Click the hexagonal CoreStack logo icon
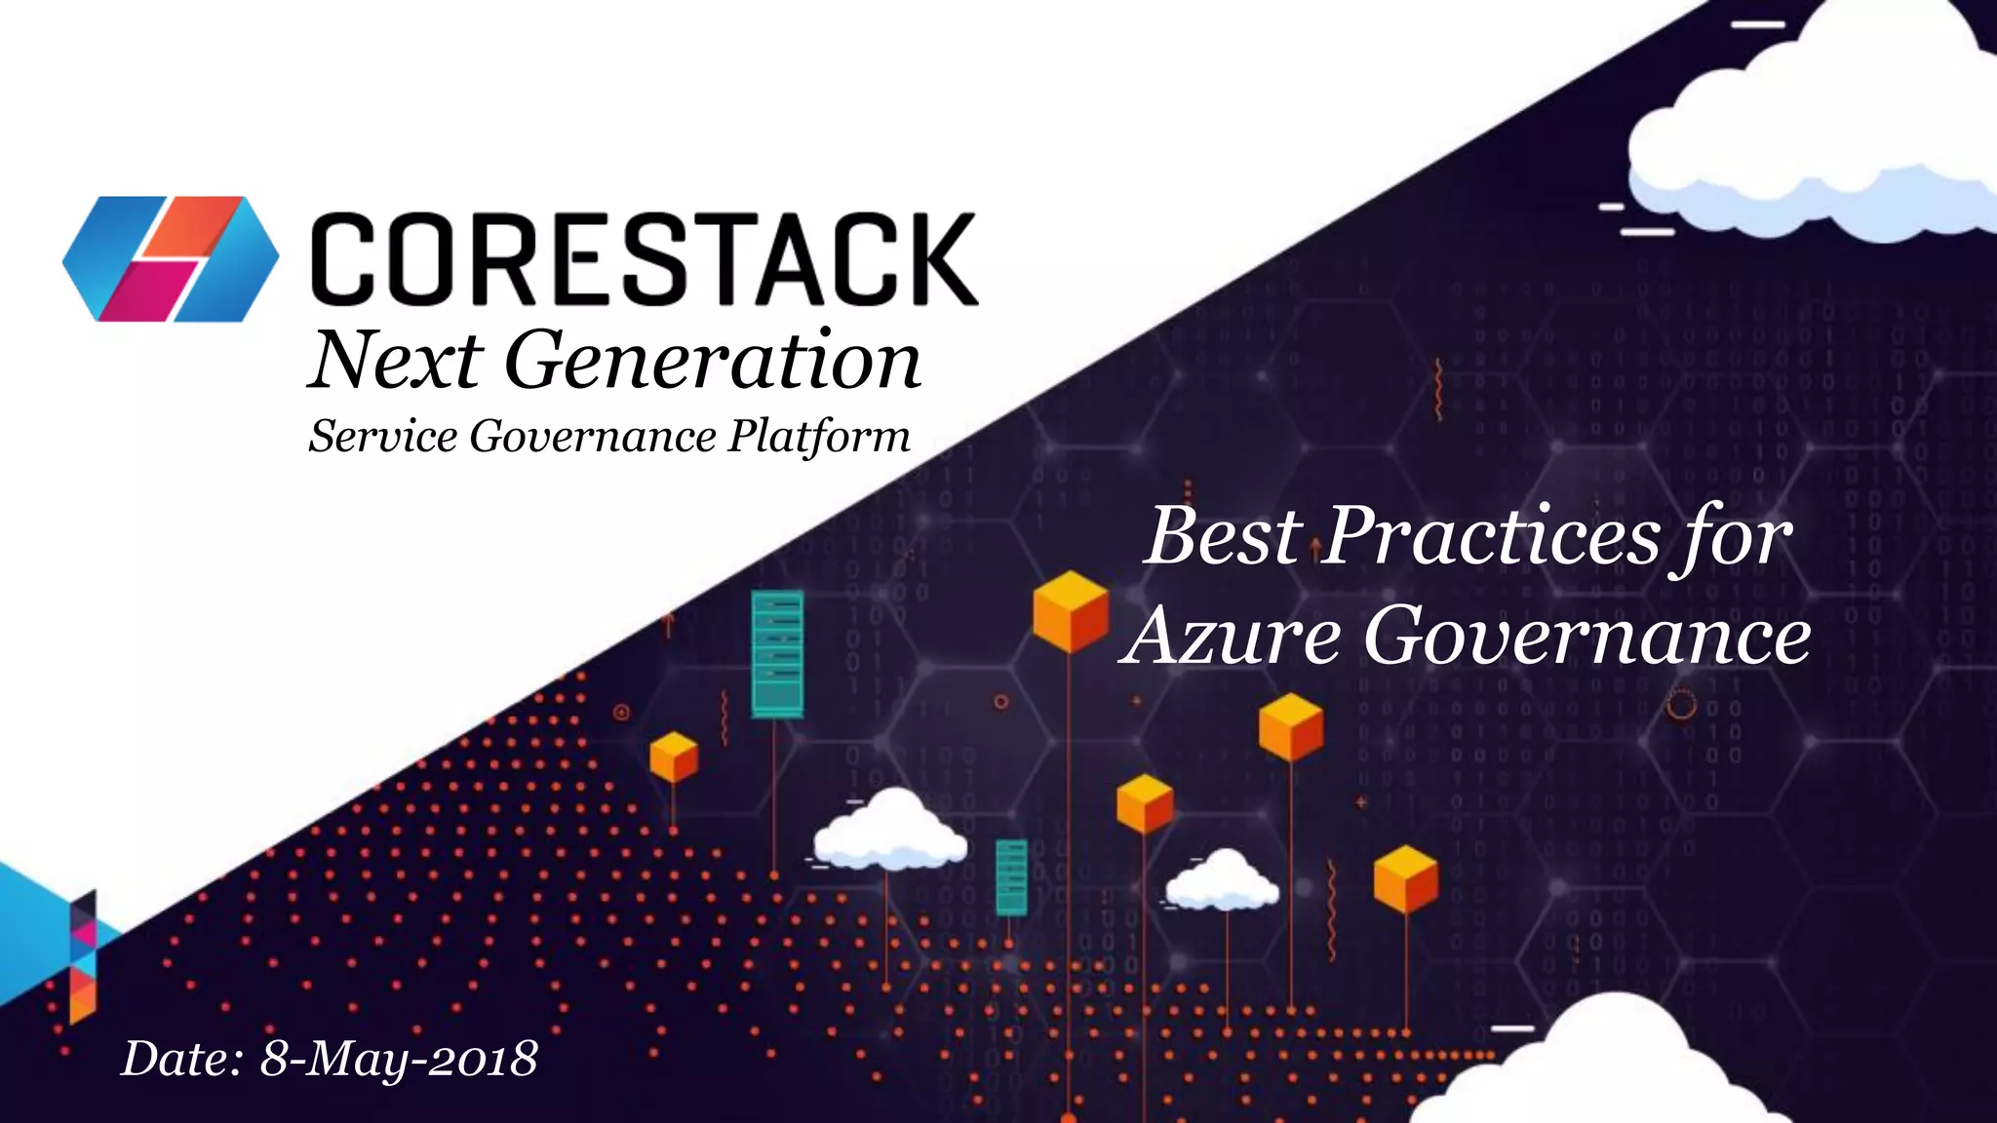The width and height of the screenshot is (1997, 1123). coord(171,259)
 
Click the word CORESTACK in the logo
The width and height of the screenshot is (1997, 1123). coord(644,259)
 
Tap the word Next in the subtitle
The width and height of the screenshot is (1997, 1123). coord(396,361)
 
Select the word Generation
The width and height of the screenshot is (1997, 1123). coord(712,361)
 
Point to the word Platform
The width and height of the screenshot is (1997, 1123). coord(819,436)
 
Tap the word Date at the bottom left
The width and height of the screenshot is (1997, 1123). coord(181,1059)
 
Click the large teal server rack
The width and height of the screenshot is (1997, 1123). coord(777,654)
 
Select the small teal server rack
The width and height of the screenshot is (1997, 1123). coord(1011,877)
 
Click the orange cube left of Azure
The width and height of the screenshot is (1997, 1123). coord(1071,611)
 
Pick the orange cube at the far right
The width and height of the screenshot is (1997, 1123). coord(1405,879)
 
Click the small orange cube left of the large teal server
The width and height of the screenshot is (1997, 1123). coord(674,757)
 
